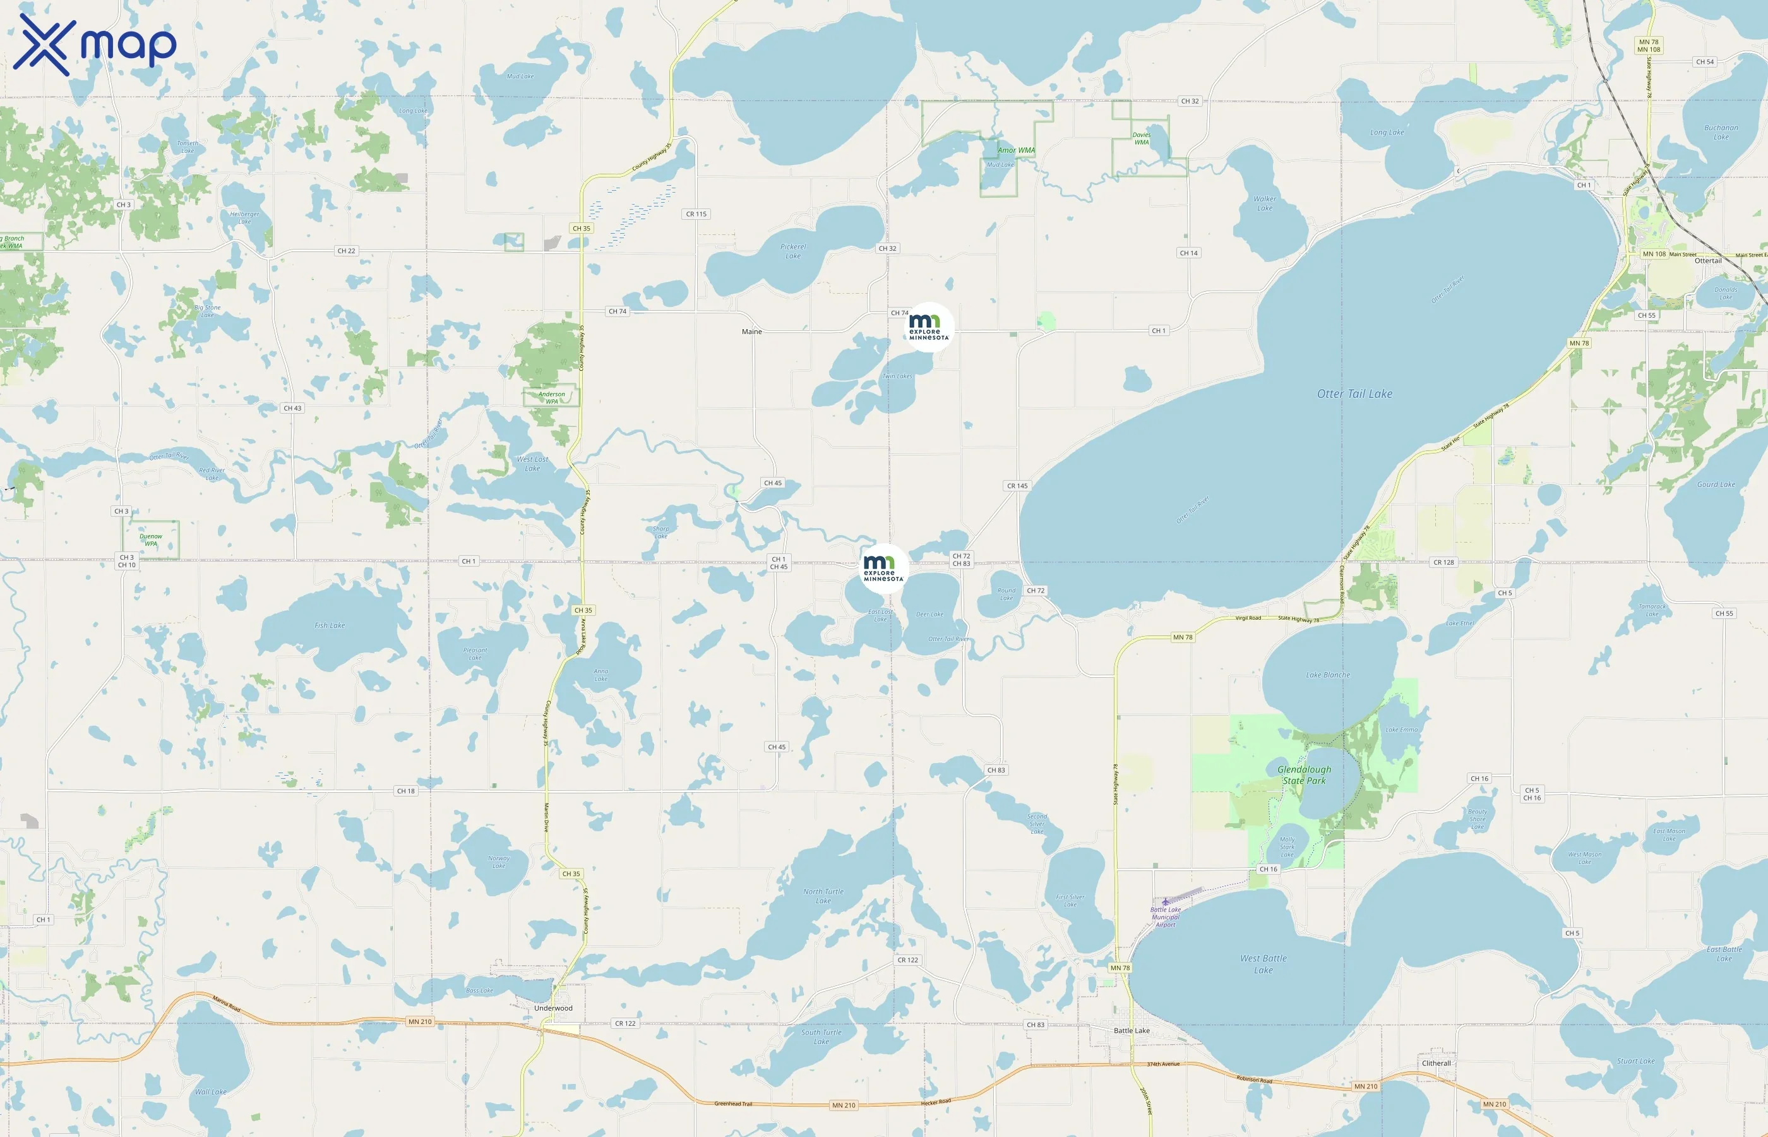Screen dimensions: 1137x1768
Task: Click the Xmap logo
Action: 95,44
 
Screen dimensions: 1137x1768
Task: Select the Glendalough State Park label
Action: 1304,774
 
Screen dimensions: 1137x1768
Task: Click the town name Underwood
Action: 552,1008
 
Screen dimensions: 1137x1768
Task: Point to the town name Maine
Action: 751,332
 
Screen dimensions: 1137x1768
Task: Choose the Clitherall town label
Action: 1436,1063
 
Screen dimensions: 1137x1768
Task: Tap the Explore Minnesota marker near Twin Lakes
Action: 928,327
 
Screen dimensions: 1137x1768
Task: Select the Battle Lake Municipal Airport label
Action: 1166,917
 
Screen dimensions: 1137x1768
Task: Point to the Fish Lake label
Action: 329,625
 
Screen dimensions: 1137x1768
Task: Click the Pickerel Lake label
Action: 792,251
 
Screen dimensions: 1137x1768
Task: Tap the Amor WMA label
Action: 1016,150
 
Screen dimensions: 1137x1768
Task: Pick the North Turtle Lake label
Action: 823,896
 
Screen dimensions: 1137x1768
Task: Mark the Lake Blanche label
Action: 1327,675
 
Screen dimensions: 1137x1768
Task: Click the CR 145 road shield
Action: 1017,486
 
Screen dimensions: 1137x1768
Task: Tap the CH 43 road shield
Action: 292,407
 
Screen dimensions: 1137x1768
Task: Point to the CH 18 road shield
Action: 406,791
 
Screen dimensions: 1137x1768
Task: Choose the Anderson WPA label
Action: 551,397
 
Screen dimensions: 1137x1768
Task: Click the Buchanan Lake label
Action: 1721,132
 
